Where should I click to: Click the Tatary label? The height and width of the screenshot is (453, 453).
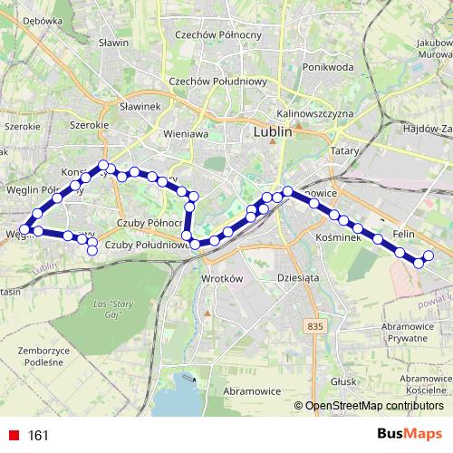[x=345, y=150]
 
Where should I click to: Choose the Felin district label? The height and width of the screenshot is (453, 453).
[x=404, y=234]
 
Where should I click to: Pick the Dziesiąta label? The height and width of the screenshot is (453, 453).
[x=301, y=278]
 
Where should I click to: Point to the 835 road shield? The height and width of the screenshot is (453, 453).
[x=314, y=325]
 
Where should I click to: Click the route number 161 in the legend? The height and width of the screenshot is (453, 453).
[x=38, y=436]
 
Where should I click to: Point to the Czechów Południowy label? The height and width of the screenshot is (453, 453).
[x=217, y=81]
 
